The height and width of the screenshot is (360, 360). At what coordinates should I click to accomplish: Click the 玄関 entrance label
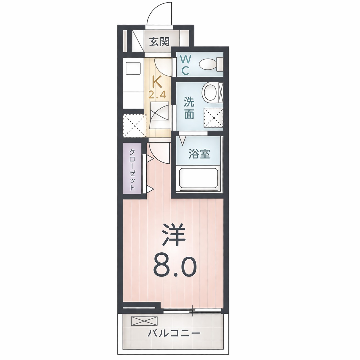point(159,42)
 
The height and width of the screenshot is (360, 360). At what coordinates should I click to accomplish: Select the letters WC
point(185,65)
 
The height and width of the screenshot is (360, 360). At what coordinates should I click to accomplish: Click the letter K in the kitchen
point(157,82)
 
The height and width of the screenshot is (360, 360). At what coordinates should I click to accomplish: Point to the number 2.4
point(157,95)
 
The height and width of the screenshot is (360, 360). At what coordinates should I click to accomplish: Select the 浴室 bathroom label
point(199,154)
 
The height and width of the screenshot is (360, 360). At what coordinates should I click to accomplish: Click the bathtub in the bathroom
point(198,178)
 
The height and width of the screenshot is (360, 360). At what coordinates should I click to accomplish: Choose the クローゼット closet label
point(132,169)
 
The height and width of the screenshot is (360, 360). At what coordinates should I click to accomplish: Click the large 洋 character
point(174,235)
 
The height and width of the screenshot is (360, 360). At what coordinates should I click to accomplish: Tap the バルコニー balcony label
point(174,334)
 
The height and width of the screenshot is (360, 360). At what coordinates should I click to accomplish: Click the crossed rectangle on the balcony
point(144,321)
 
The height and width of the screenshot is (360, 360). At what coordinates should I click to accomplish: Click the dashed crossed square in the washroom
point(213,118)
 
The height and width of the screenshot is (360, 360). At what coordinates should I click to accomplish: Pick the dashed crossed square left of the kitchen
point(134,125)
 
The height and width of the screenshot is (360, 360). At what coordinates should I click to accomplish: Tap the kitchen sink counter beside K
point(133,83)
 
